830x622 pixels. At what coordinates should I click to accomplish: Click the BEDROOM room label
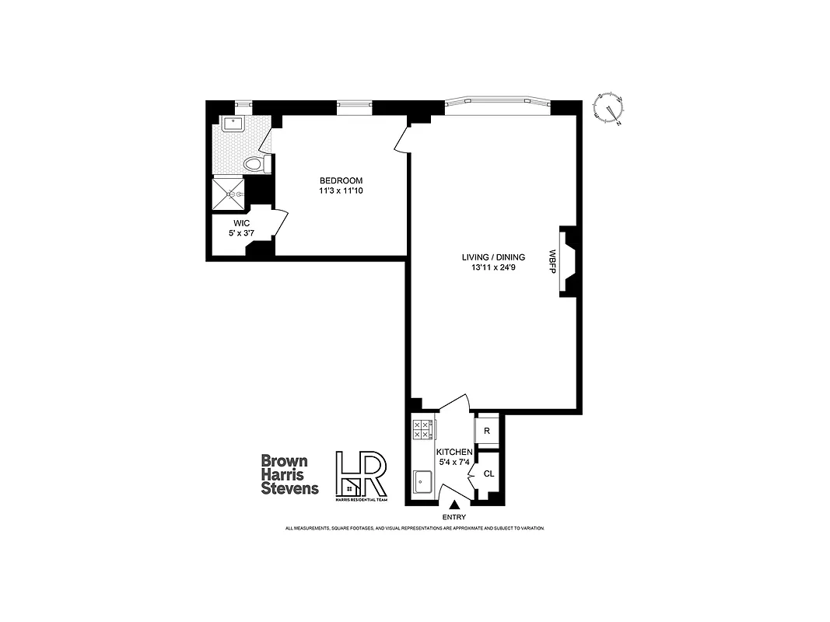tap(341, 181)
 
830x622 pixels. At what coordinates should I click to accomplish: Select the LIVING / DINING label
tap(493, 257)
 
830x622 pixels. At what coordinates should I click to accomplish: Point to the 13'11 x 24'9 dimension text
tap(493, 268)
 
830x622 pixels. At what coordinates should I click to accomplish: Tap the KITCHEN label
tap(454, 452)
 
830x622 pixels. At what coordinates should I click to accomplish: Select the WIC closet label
tap(241, 222)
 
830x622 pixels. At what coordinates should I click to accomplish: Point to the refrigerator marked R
tap(487, 430)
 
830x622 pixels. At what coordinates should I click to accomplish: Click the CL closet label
tap(489, 473)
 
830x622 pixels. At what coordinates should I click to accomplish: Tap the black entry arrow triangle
tap(454, 505)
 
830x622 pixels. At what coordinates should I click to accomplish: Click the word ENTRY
tap(454, 517)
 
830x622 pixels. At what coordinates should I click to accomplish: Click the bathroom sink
tap(233, 124)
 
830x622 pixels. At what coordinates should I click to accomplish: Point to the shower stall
tap(229, 194)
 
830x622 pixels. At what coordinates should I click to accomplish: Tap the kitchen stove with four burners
tap(423, 430)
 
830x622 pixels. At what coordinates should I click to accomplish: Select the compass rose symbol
tap(608, 108)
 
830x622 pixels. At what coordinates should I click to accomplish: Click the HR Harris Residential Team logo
tap(360, 476)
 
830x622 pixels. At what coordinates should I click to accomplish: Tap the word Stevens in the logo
tap(289, 488)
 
